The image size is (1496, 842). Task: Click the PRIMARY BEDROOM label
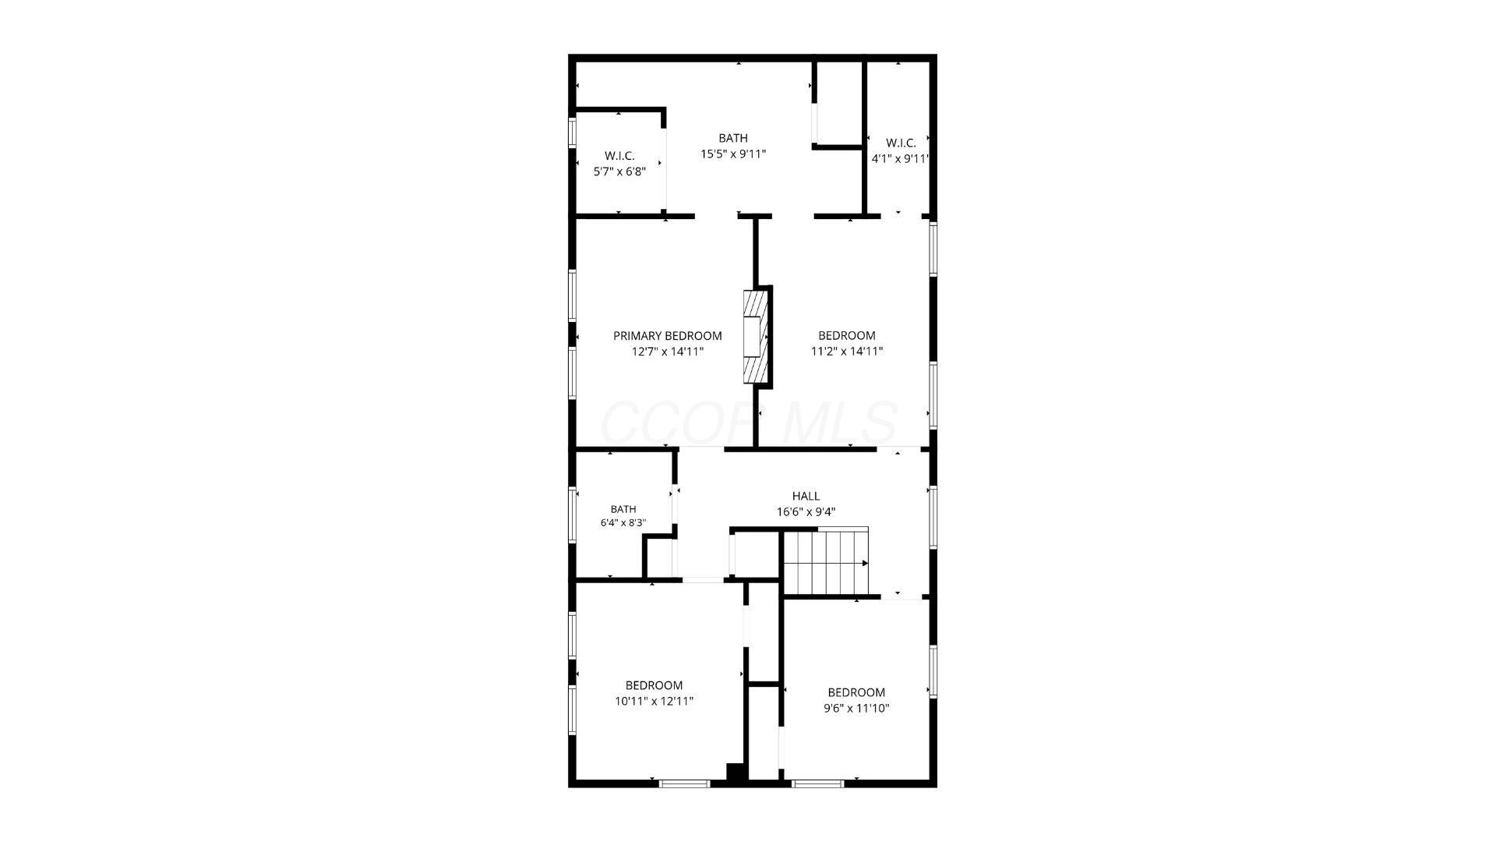coord(667,336)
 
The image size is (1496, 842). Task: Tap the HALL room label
coord(806,496)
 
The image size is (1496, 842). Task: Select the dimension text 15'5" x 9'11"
coord(733,154)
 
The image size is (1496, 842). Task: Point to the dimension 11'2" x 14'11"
coord(847,351)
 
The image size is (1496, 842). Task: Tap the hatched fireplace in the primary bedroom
coord(754,336)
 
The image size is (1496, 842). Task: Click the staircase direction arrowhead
coord(865,563)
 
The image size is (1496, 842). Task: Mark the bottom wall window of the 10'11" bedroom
coord(684,783)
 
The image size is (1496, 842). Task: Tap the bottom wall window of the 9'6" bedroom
coord(817,783)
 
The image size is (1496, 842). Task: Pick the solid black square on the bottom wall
coord(736,772)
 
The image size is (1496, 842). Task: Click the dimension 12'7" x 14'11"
coord(668,351)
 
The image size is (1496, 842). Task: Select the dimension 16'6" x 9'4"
coord(806,512)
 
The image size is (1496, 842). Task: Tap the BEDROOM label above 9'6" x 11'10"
coord(856,692)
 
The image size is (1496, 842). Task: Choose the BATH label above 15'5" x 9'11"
coord(733,138)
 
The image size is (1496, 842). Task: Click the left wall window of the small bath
coord(572,514)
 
